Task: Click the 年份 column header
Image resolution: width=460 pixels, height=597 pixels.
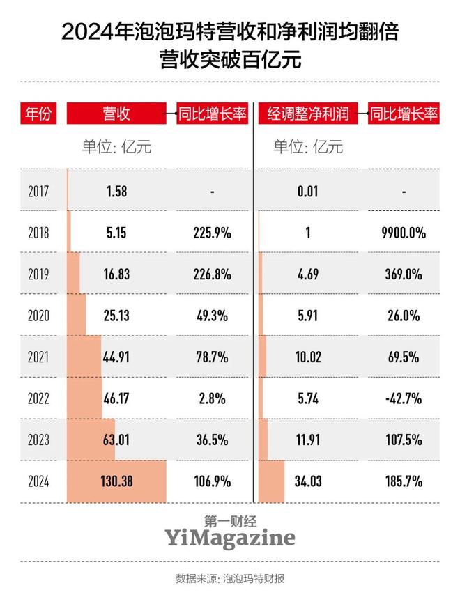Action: (x=38, y=114)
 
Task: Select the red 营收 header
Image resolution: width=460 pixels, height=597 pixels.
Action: (x=116, y=114)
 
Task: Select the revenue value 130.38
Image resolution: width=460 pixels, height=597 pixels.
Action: (x=116, y=480)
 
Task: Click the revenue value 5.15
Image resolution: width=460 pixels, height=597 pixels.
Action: (x=116, y=232)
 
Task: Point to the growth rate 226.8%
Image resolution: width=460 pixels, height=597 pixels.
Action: (x=212, y=274)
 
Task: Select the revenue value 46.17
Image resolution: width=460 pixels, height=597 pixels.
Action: (x=116, y=398)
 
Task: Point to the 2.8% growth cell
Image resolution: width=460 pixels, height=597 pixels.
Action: (x=212, y=398)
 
